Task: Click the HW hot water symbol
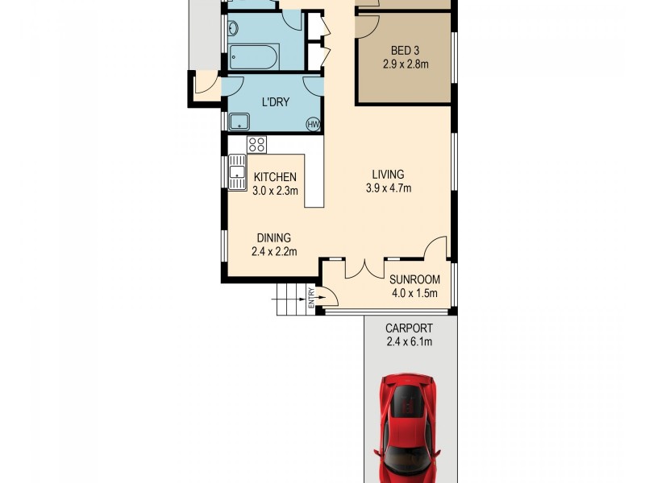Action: click(x=314, y=124)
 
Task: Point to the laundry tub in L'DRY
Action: click(x=239, y=122)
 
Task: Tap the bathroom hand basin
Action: click(x=232, y=29)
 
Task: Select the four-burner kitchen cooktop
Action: click(x=257, y=145)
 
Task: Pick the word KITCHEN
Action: click(x=276, y=178)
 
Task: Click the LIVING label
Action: click(x=388, y=175)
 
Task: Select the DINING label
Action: click(x=273, y=237)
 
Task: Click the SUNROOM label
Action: click(x=414, y=280)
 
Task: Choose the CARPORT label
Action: click(x=409, y=328)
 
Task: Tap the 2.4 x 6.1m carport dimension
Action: click(x=409, y=342)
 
